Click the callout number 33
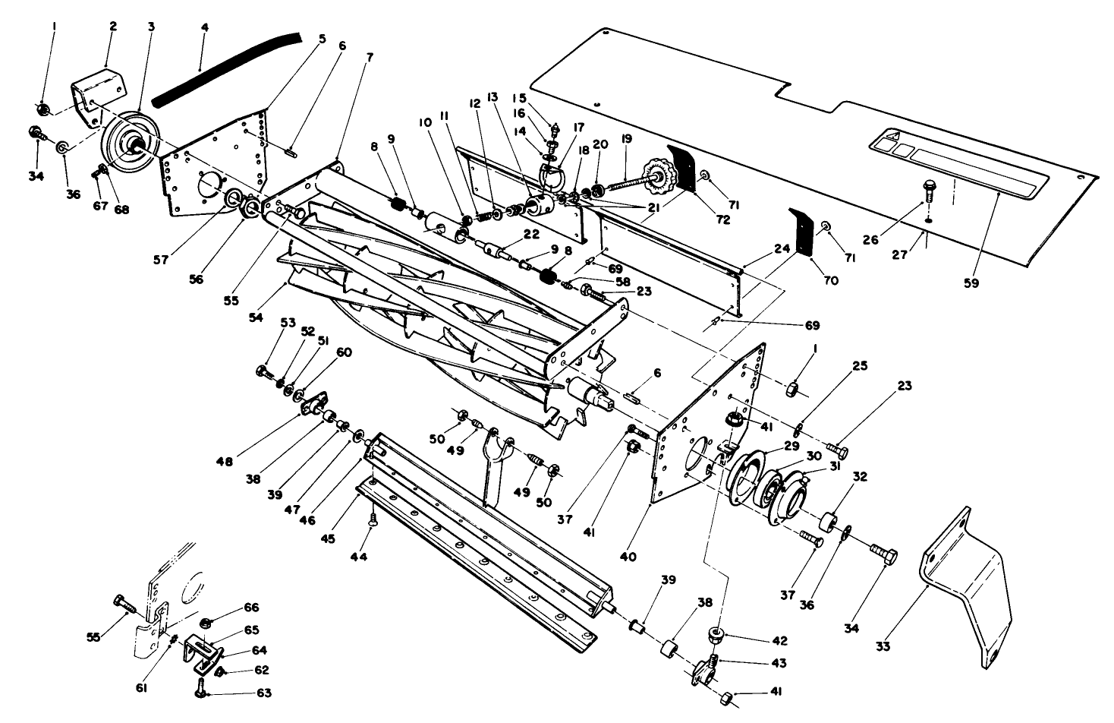pyautogui.click(x=883, y=647)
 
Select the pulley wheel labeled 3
pyautogui.click(x=129, y=144)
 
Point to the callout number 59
pyautogui.click(x=972, y=283)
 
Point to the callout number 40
pyautogui.click(x=628, y=557)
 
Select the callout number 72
pyautogui.click(x=722, y=219)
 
